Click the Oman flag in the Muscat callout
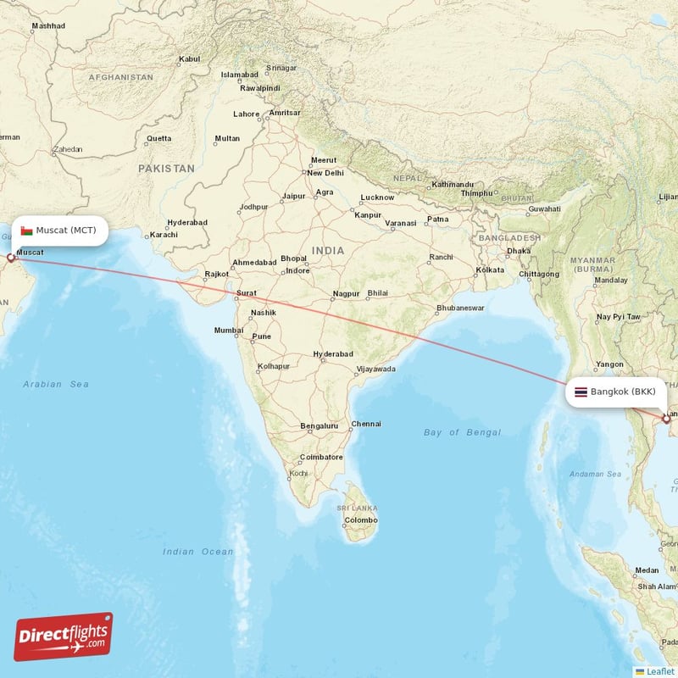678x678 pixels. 27,231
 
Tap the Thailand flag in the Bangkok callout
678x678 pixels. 581,392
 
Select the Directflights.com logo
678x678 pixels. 64,636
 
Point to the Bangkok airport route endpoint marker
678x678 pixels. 666,419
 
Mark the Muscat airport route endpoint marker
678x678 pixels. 11,257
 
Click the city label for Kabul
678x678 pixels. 189,59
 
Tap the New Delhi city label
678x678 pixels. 325,173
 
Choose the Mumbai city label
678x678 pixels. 229,331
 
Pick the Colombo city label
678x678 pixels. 361,520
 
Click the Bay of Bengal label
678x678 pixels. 462,432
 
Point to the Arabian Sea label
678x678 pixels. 56,384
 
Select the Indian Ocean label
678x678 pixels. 197,552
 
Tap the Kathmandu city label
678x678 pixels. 452,184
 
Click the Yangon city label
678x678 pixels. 610,364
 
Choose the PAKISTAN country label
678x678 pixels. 166,169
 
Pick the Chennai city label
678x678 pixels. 366,424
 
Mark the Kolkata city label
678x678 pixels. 490,270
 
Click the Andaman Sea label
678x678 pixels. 597,474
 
